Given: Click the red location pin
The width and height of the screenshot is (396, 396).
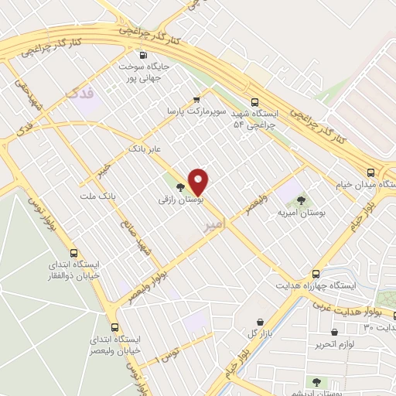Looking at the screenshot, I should [199, 182].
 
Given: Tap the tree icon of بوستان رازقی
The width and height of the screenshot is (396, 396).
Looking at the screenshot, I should [180, 187].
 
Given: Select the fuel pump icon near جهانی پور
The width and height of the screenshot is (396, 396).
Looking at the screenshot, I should [142, 55].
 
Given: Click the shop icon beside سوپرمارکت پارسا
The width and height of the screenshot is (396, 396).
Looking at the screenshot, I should [196, 99].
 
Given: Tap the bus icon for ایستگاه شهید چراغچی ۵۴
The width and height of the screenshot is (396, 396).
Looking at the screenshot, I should [254, 101].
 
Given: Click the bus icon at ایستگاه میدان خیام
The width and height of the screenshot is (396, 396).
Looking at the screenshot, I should [370, 172].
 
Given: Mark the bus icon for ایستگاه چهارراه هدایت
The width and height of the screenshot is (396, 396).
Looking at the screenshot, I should [315, 274].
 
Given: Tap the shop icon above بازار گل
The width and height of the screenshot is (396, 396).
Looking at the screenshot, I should [261, 322].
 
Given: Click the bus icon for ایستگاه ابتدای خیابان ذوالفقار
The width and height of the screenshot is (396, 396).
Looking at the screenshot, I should [74, 253].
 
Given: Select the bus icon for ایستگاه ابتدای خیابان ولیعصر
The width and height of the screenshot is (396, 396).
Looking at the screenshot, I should [115, 326].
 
